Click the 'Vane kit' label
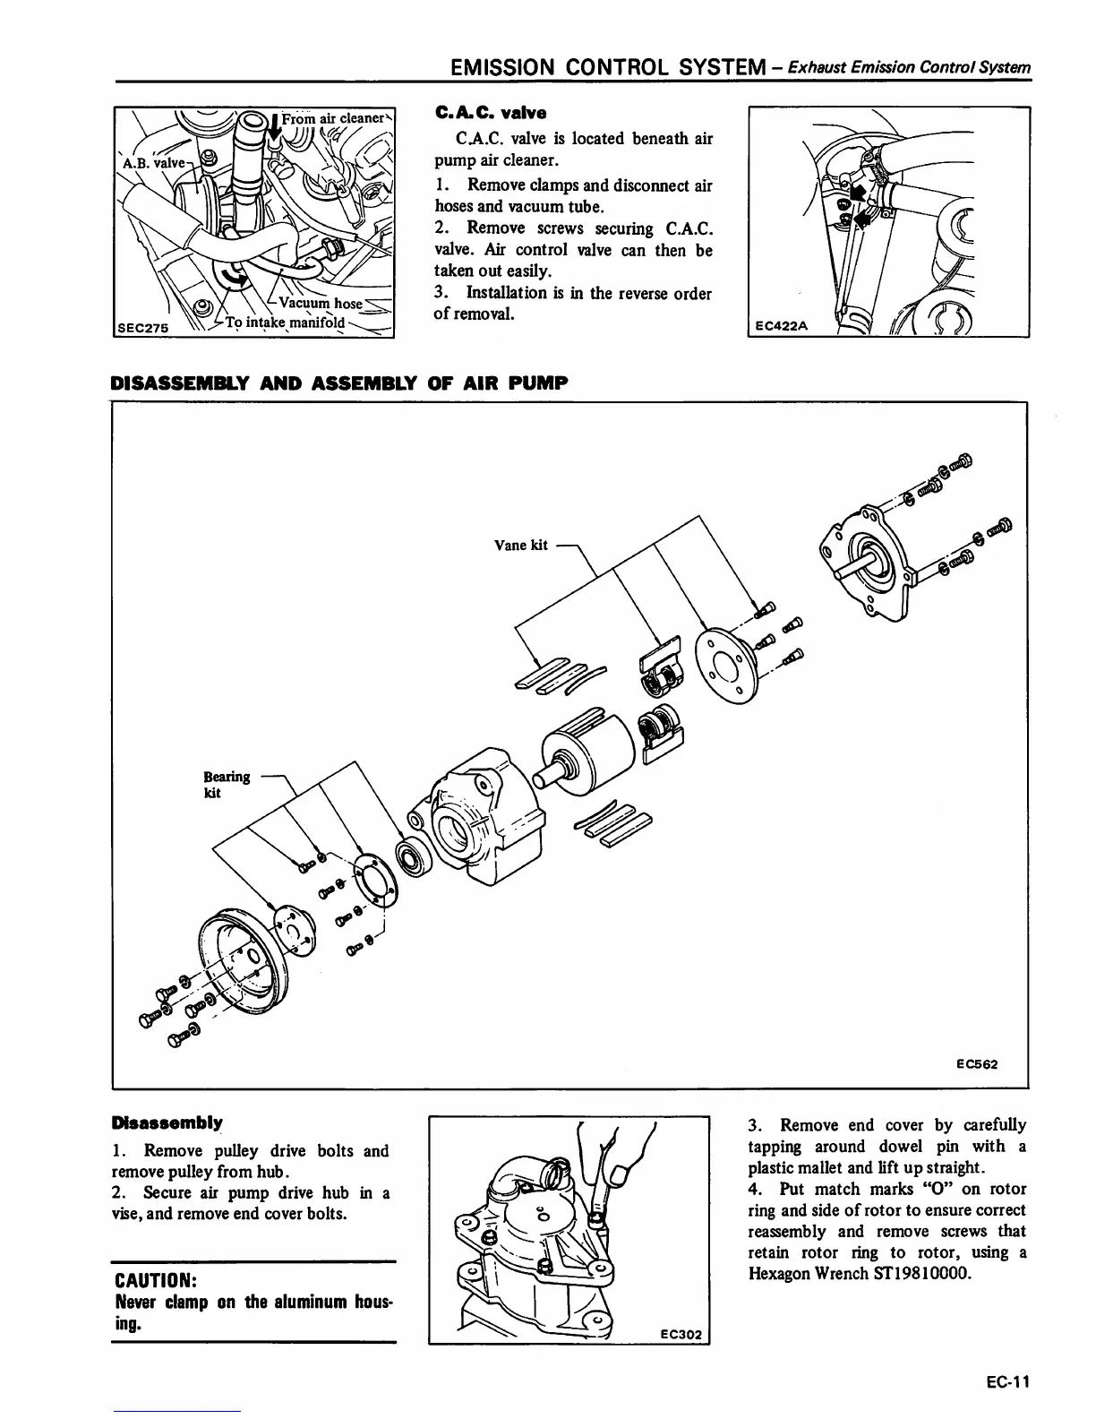520,545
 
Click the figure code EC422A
780,326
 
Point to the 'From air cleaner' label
332,118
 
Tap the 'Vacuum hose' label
321,303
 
